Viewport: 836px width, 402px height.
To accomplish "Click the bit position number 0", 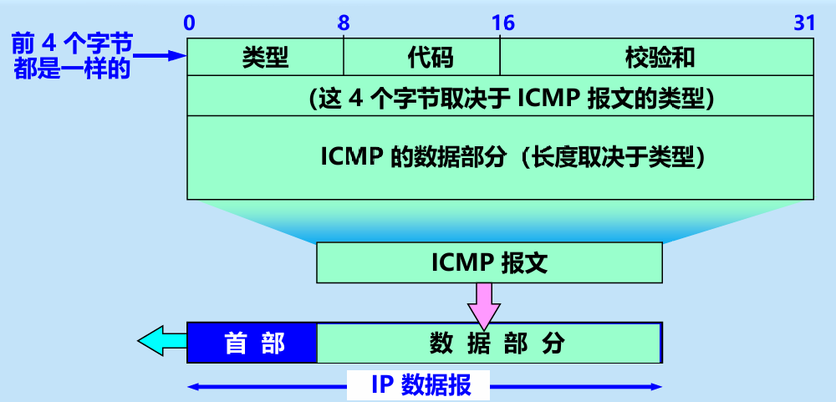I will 190,23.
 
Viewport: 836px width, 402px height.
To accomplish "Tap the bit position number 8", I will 344,23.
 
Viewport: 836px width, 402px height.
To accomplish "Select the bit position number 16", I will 502,23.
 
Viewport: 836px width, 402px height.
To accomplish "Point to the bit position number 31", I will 804,23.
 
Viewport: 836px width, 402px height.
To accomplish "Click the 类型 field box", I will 265,57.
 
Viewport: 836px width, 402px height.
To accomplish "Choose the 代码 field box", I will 421,57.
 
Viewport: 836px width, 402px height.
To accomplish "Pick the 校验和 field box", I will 657,57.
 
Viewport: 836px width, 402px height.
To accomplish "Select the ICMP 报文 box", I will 489,263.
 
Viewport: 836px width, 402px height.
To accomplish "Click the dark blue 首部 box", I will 252,343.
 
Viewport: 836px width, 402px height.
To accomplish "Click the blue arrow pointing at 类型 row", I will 159,57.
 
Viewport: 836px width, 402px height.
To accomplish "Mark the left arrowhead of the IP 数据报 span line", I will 193,386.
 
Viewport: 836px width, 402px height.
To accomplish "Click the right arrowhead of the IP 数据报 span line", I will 657,386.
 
